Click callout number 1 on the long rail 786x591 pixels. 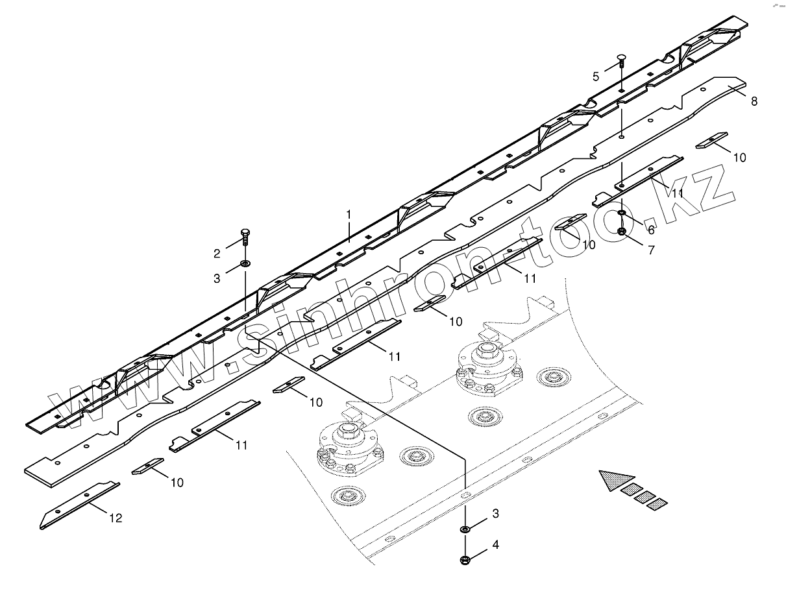(x=349, y=213)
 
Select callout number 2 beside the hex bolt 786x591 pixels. (x=218, y=252)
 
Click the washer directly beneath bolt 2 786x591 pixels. (x=246, y=264)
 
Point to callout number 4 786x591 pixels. (x=495, y=545)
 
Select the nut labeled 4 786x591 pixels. (x=466, y=559)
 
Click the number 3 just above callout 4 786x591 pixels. (x=495, y=514)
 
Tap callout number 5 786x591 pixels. (x=596, y=77)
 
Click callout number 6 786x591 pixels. (x=650, y=230)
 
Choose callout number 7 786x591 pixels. (x=651, y=249)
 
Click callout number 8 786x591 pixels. (x=754, y=101)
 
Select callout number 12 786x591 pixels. (x=116, y=518)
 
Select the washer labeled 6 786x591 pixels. (x=621, y=213)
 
